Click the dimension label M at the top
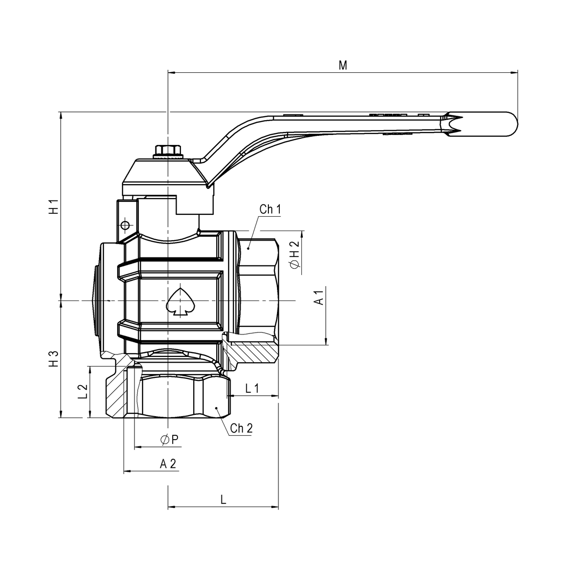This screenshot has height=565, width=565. coord(343,65)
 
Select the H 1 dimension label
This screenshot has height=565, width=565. coord(54,206)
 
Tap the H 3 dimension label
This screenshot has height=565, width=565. coord(54,358)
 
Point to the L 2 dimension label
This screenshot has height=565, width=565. coord(82,391)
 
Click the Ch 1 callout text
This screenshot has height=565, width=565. coord(270,209)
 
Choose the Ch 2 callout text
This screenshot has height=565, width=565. coord(241,428)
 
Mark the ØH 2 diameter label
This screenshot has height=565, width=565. coord(294,255)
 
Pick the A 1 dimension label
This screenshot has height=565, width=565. coord(320,297)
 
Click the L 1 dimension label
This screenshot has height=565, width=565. coord(252,388)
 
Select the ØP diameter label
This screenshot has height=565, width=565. coord(169,440)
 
